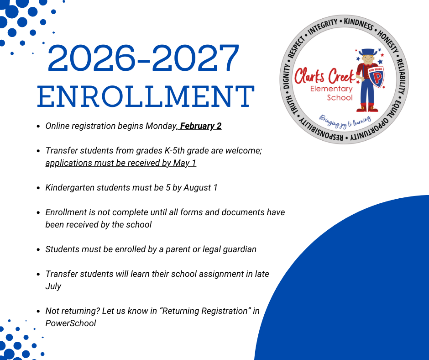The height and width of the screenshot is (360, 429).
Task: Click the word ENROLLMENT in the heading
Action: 145,96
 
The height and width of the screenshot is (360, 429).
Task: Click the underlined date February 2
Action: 201,126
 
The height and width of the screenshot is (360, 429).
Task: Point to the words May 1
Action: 185,163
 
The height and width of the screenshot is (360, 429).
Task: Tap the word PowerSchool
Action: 71,323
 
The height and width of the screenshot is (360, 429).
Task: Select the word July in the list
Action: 53,286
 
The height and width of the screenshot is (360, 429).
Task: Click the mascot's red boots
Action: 367,108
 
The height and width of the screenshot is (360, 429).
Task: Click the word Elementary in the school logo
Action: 331,89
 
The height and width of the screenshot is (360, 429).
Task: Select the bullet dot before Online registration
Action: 38,126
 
